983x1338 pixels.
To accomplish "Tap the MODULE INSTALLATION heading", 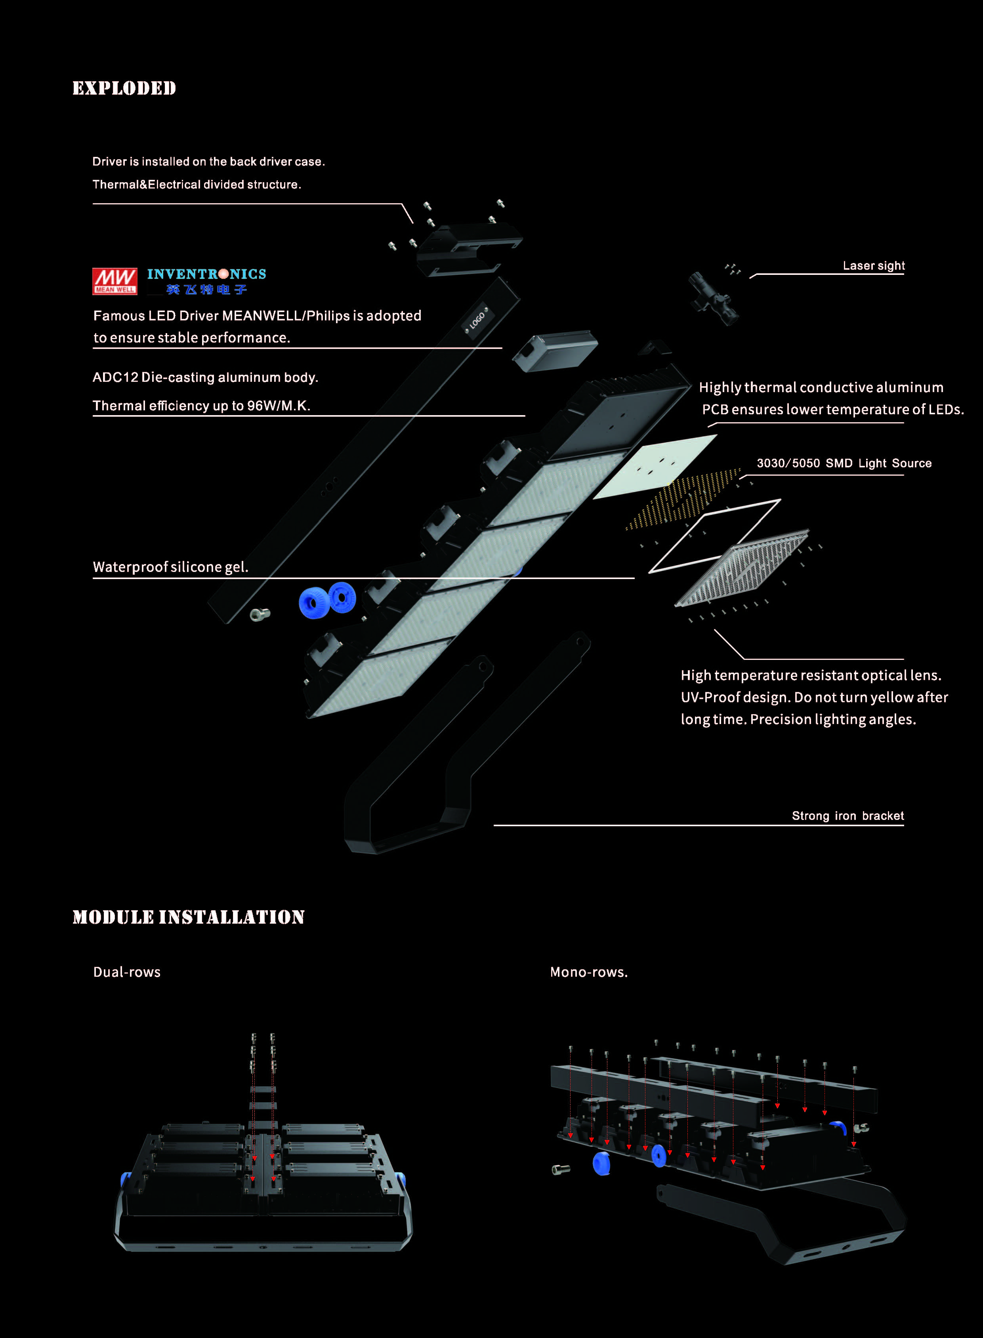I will tap(188, 917).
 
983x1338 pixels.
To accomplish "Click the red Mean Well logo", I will tap(115, 281).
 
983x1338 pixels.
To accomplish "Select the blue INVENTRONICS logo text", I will tap(206, 274).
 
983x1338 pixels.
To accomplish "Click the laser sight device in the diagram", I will tap(713, 297).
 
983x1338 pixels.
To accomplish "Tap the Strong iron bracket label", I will tap(847, 816).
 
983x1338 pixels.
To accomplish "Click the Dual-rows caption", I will tap(127, 972).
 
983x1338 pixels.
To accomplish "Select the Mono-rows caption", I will tap(588, 972).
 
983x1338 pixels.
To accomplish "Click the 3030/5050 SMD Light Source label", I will tap(844, 463).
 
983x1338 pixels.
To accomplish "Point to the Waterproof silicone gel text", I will tap(171, 567).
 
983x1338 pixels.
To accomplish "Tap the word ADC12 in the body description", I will tap(115, 377).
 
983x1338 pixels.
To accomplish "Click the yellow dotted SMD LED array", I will tap(684, 500).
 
